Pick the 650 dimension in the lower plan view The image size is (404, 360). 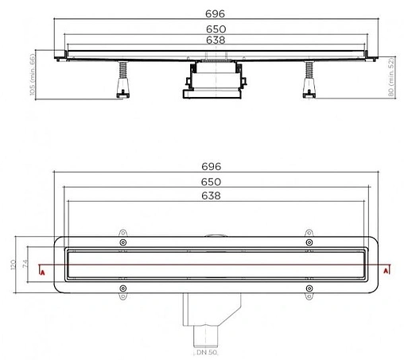coord(218,182)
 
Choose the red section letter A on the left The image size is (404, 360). coord(42,272)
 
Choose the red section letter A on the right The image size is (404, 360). coord(386,271)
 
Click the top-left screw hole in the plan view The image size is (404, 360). coord(122,242)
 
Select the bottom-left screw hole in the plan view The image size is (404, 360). coord(122,288)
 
